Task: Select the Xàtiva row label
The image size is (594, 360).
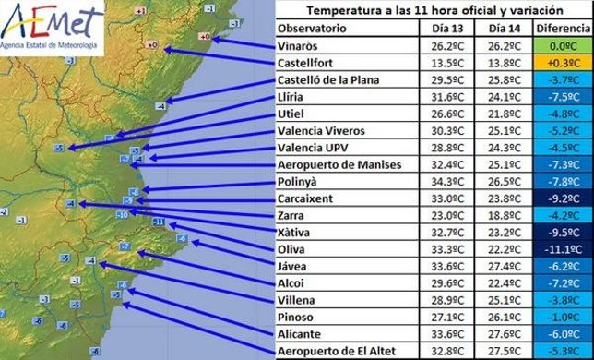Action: coord(298,233)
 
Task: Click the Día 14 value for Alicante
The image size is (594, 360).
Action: coord(502,335)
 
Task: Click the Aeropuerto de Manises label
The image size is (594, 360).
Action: coord(339,164)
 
